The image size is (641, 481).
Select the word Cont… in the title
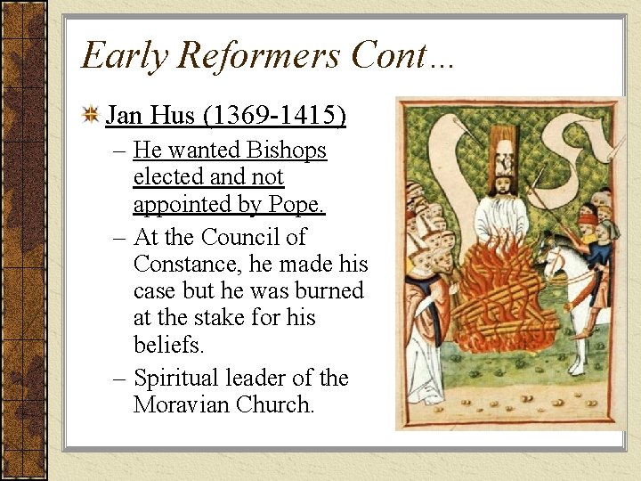[402, 55]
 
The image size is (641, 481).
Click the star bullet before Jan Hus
[90, 115]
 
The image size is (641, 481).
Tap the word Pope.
[301, 204]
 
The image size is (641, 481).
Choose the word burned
[329, 290]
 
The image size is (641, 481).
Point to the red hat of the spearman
[588, 216]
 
